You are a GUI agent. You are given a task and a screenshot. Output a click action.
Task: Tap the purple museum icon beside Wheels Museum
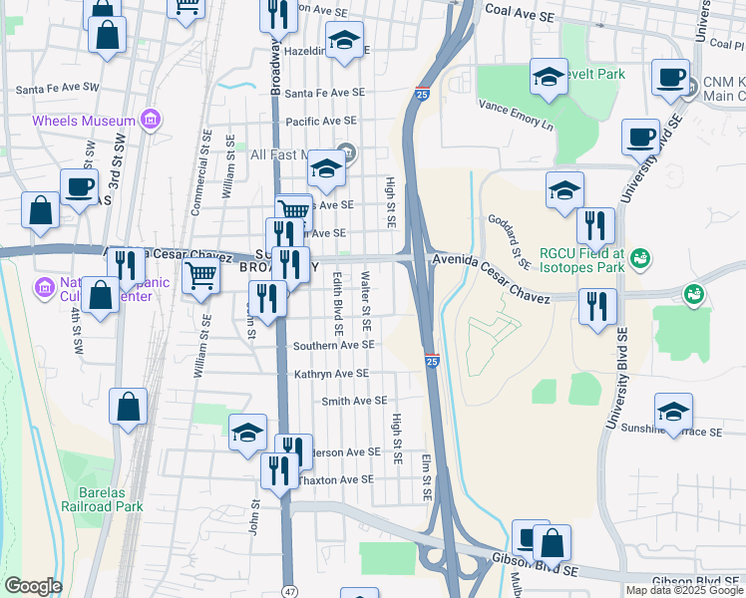151,121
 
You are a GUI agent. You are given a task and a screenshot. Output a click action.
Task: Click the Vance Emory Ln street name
515,115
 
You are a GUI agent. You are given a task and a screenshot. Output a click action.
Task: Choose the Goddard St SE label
509,240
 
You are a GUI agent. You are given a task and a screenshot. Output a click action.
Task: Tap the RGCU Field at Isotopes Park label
582,260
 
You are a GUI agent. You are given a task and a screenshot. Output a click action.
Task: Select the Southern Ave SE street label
333,345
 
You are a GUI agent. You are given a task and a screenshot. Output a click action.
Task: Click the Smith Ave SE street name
353,401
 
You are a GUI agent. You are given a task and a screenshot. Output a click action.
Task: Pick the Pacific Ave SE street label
320,121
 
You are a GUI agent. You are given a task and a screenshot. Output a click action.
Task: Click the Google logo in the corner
33,586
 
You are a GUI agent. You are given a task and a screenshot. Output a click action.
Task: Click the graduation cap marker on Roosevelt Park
549,77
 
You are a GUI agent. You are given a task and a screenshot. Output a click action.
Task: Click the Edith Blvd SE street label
338,303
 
